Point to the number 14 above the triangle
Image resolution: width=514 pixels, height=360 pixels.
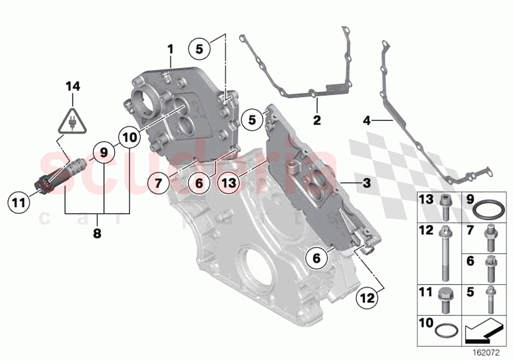73,87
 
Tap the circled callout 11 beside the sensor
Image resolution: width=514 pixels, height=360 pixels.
18,202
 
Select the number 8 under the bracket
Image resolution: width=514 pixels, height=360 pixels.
97,234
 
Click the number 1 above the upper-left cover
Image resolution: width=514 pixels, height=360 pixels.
170,49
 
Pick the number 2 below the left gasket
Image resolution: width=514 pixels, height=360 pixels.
317,120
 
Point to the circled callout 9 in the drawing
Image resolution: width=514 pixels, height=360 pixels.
104,152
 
